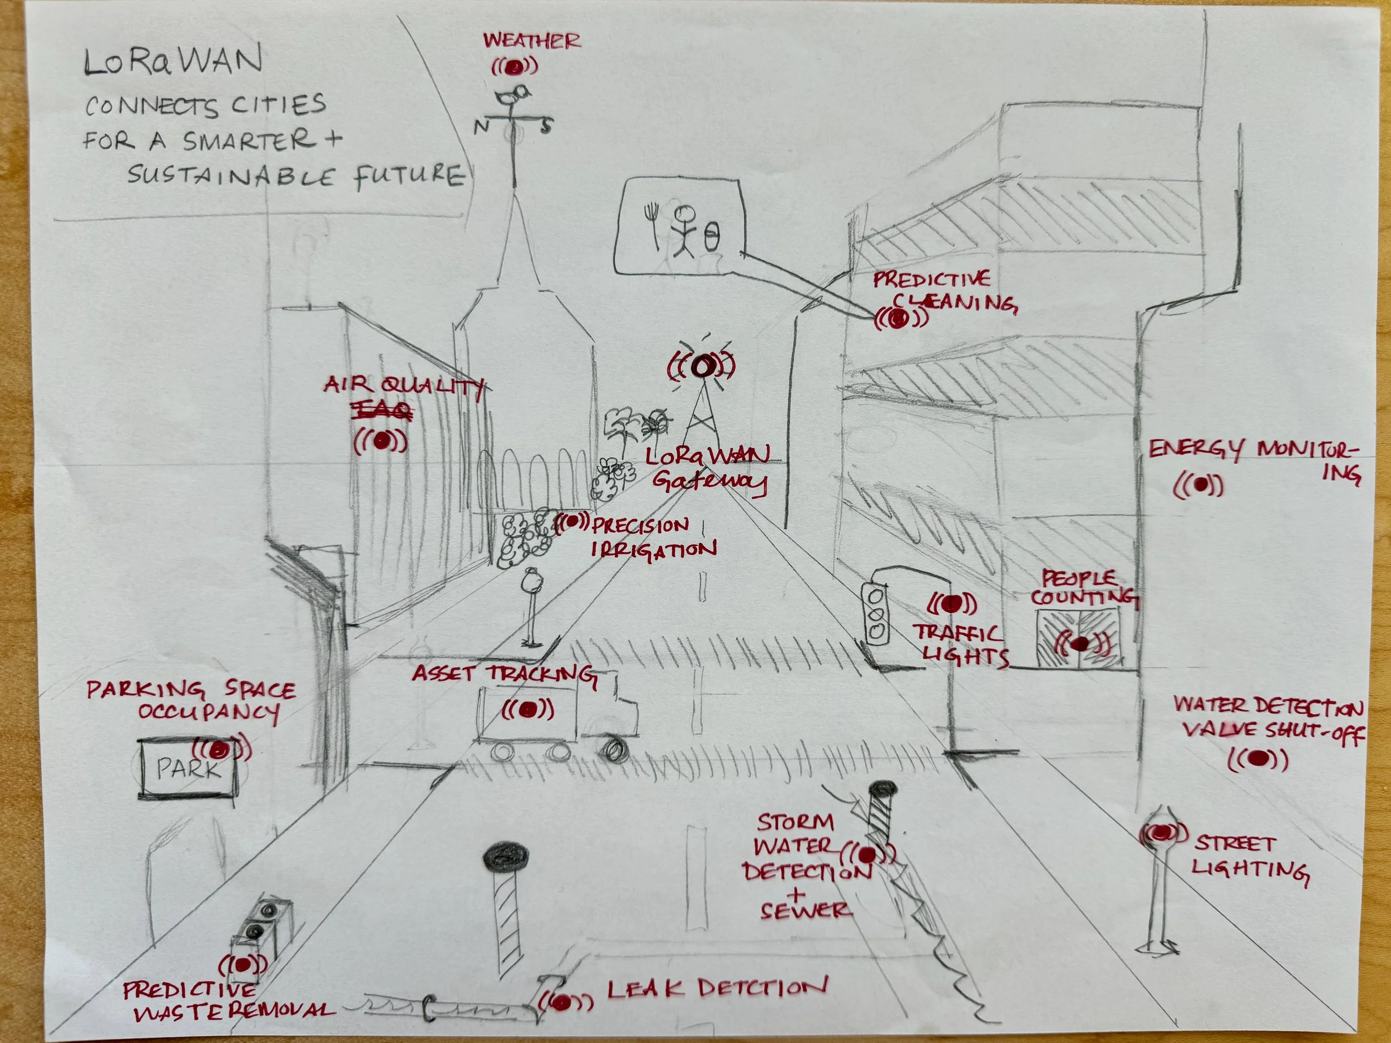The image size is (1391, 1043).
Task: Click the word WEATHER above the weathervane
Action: coord(531,41)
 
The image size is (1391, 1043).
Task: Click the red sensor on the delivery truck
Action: coord(528,710)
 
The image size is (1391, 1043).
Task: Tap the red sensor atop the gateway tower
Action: coord(701,365)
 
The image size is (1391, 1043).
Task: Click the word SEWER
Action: coord(806,911)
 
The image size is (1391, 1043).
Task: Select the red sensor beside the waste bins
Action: coord(243,963)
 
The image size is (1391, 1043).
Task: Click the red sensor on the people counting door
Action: coord(1079,643)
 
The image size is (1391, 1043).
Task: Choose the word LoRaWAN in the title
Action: coord(174,62)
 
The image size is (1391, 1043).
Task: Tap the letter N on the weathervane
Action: coord(481,126)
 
